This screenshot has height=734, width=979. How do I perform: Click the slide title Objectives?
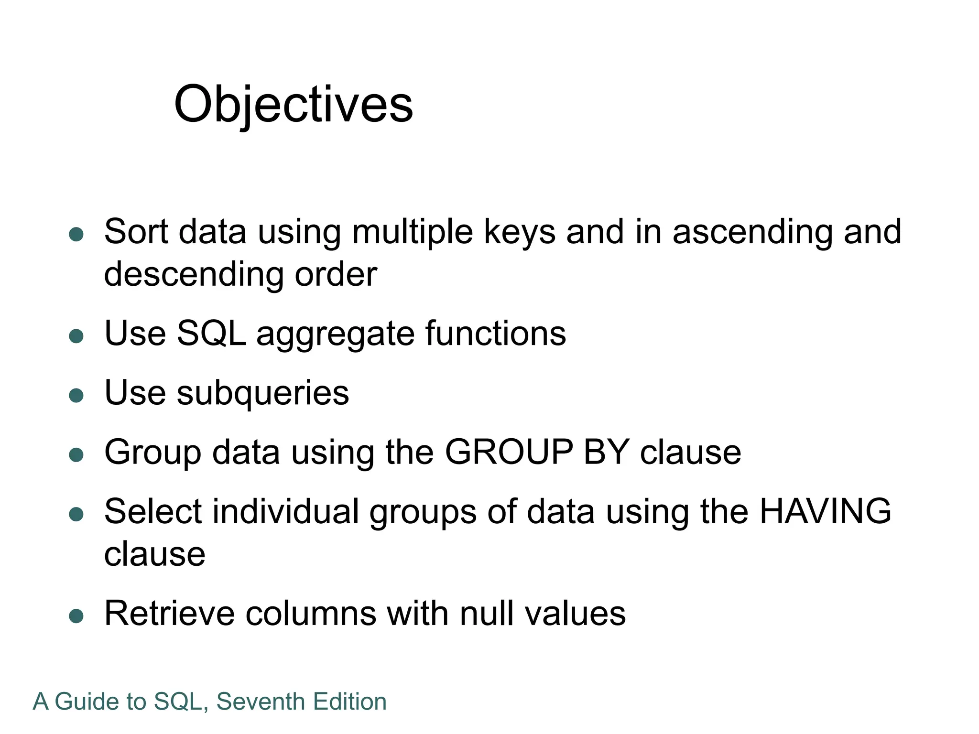click(x=293, y=104)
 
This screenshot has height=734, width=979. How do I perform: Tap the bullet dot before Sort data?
click(x=76, y=235)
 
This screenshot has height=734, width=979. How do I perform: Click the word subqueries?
click(x=263, y=393)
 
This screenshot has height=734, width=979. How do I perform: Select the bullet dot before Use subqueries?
click(x=76, y=395)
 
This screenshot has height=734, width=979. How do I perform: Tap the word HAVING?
click(x=825, y=511)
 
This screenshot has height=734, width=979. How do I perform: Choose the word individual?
click(x=285, y=511)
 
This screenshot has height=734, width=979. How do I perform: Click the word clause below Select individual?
click(x=155, y=554)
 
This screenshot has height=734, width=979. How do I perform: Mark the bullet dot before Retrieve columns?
click(x=76, y=616)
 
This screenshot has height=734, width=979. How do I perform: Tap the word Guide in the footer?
click(x=87, y=702)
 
